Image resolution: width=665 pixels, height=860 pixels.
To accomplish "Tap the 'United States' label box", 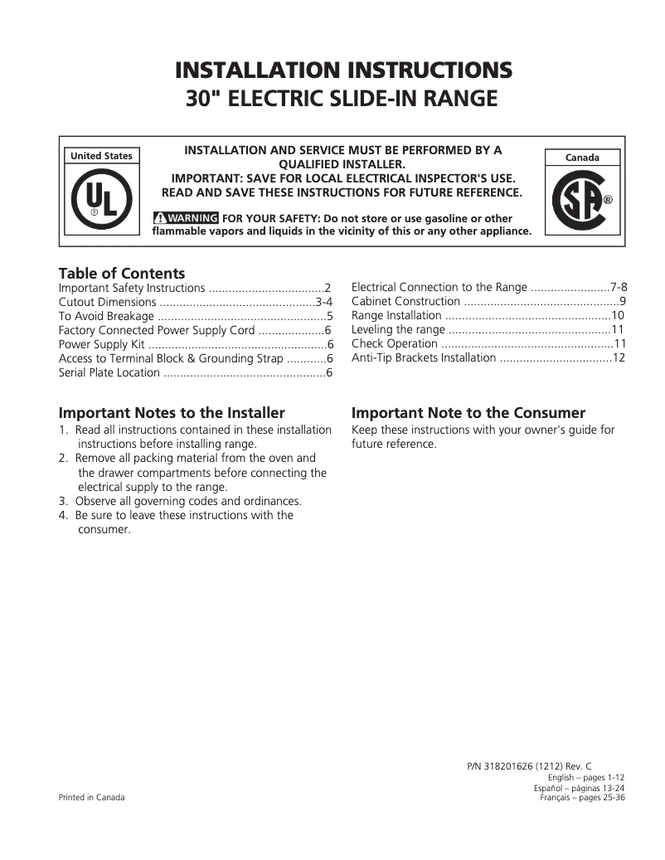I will (x=101, y=156).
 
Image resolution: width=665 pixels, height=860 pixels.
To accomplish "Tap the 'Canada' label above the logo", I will (x=581, y=157).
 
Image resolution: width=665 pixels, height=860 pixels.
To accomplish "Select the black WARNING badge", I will (x=187, y=218).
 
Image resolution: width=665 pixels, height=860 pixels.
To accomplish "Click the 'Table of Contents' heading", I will (x=122, y=273).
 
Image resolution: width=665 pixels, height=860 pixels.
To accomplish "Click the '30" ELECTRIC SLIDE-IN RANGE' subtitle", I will (x=342, y=99).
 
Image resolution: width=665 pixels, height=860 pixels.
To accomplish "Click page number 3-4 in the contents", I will (x=324, y=302).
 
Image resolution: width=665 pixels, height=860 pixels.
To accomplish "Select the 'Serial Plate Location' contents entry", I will (x=109, y=372).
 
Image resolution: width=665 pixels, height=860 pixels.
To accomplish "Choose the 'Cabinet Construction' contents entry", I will (x=405, y=301).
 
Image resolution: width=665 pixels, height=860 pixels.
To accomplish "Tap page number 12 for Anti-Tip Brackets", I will (x=619, y=357).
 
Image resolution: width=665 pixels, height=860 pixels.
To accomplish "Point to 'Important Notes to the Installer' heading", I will (x=172, y=413).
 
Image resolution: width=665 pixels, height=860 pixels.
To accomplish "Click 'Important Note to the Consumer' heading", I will (x=468, y=413).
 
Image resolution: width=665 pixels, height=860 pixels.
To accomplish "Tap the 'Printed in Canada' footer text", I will (x=91, y=797).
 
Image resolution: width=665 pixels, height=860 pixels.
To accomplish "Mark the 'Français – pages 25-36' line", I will (x=582, y=797).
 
